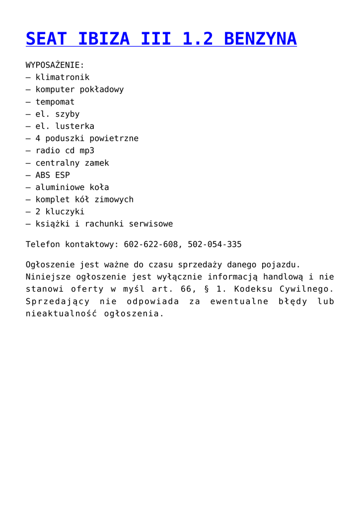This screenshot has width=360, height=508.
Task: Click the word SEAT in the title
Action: pyautogui.click(x=45, y=39)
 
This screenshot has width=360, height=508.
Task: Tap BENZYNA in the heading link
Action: pyautogui.click(x=260, y=39)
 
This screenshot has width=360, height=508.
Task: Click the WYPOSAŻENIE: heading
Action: pyautogui.click(x=55, y=65)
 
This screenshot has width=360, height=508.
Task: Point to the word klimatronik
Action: pyautogui.click(x=63, y=77)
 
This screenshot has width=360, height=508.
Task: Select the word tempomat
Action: pyautogui.click(x=55, y=102)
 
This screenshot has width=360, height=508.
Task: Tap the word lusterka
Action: pyautogui.click(x=74, y=126)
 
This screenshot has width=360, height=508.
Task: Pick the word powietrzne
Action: pyautogui.click(x=114, y=138)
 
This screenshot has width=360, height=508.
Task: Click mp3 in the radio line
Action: pyautogui.click(x=87, y=150)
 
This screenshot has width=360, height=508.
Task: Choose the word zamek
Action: pyautogui.click(x=96, y=163)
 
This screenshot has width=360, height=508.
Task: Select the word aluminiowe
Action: pyautogui.click(x=60, y=187)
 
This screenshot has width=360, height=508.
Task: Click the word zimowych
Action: pyautogui.click(x=114, y=199)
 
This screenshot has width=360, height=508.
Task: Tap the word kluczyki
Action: pyautogui.click(x=65, y=211)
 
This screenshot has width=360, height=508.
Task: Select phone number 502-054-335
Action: pyautogui.click(x=215, y=245)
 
